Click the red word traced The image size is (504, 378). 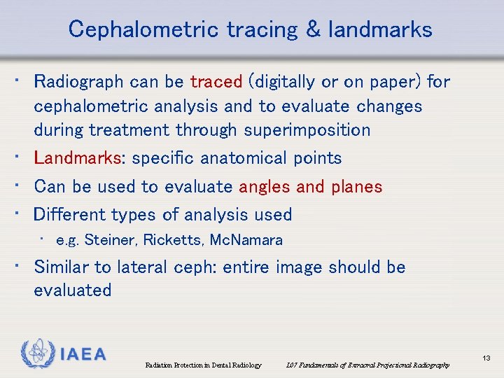[216, 82]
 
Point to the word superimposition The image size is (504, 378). [307, 130]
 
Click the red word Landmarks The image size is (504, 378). [78, 158]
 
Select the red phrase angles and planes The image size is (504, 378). [310, 187]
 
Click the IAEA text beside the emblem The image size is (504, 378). [82, 355]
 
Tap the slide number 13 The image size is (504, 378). [486, 358]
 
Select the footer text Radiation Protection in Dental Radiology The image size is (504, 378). [203, 365]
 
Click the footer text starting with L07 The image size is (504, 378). [368, 365]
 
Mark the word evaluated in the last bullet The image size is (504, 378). [73, 290]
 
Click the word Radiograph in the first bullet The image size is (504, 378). [78, 82]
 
